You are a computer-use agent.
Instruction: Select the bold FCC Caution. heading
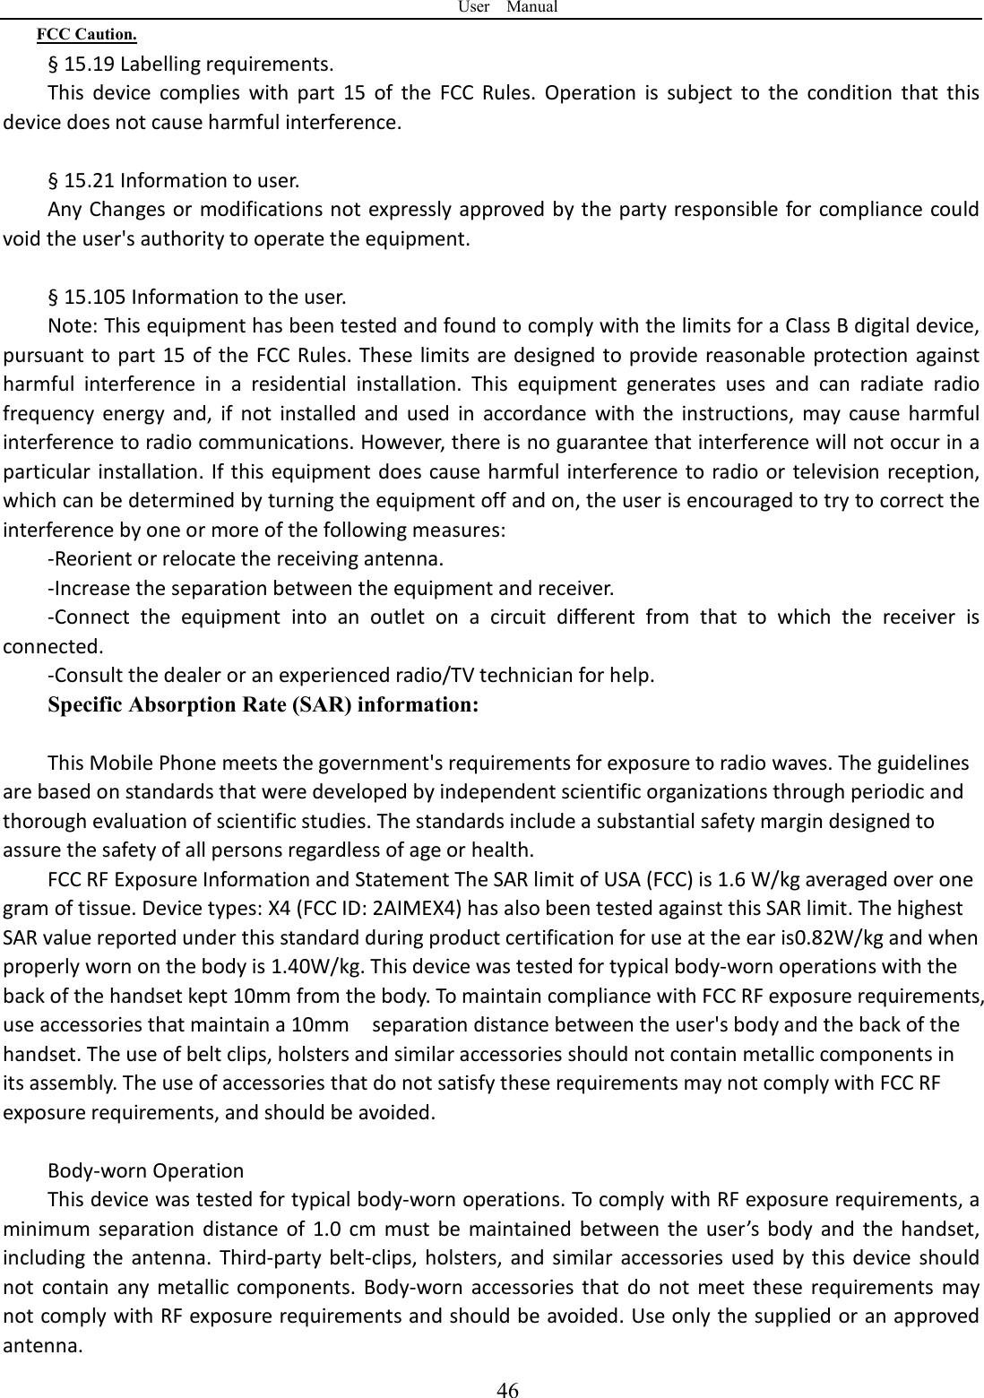click(x=86, y=37)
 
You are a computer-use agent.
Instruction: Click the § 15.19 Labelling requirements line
click(x=191, y=65)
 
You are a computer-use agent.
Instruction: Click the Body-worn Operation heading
click(x=145, y=1171)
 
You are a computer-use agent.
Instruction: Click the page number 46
click(x=508, y=1389)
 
